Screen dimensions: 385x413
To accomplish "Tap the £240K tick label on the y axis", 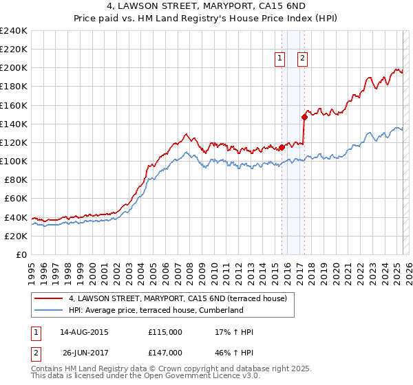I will point(14,31).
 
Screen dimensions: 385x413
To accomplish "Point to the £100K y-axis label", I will point(14,161).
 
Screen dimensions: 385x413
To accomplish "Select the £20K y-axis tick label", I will point(16,236).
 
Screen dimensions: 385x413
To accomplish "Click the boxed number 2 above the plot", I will point(302,59).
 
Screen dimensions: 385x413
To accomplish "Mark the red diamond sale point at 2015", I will point(282,147).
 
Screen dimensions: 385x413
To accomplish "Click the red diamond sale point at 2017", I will point(304,117).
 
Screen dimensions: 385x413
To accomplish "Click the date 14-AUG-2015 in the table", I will point(84,332).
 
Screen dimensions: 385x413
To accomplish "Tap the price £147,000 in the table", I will point(165,353).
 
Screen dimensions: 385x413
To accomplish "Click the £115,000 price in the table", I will point(165,332).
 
